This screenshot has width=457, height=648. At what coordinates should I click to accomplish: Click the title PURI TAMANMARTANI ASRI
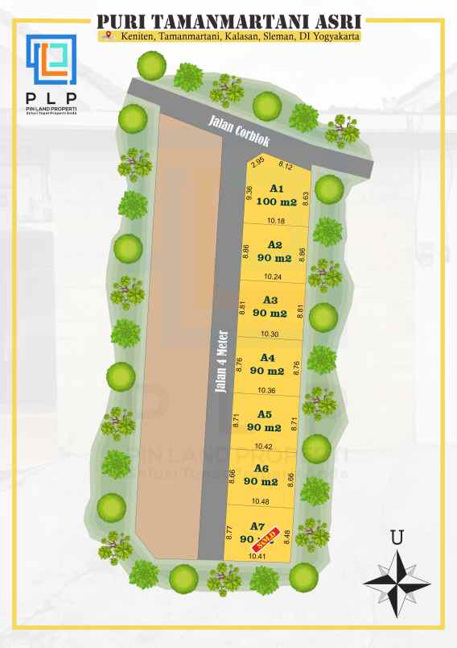point(228,21)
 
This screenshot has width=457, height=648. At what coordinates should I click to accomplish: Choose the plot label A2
point(275,245)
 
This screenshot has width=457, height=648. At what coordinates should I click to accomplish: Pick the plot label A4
point(268,358)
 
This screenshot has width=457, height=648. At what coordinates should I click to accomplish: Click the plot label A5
point(265,414)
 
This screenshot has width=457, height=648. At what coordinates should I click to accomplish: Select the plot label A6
point(261,468)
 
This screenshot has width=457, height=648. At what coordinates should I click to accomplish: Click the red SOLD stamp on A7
point(269,534)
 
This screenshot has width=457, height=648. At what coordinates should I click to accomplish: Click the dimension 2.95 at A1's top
point(257,162)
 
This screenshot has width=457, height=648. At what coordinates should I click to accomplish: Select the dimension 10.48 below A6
point(259,501)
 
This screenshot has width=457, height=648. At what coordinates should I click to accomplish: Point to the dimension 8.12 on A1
point(285,165)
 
